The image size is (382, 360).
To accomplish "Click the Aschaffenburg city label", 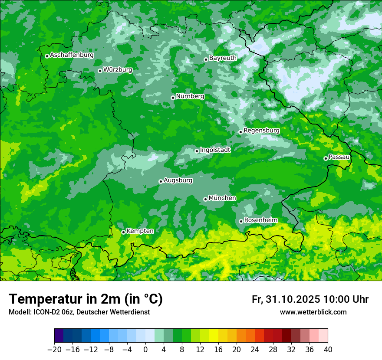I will click(72, 55).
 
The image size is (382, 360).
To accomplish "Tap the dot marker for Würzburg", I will click(100, 71).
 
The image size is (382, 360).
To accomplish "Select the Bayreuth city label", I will click(223, 58).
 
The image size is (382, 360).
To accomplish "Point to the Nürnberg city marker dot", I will click(173, 98).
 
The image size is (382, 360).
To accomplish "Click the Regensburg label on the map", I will click(261, 130).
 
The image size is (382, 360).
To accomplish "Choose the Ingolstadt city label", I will click(215, 150).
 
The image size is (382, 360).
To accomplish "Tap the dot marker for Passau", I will click(326, 158).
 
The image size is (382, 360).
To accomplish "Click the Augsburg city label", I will click(178, 180).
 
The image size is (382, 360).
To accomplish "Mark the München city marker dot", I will click(205, 200).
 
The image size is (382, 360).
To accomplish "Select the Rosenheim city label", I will click(260, 220).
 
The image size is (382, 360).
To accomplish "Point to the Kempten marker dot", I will click(123, 232).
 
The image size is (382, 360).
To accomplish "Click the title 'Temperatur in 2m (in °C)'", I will click(86, 299).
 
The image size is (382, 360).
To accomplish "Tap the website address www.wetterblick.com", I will click(313, 312).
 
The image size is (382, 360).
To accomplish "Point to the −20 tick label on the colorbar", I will click(54, 350).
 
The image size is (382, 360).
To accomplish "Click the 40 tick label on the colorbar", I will click(328, 350).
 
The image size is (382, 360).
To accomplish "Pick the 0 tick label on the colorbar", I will click(145, 350).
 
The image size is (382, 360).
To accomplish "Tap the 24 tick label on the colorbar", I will click(255, 350).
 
